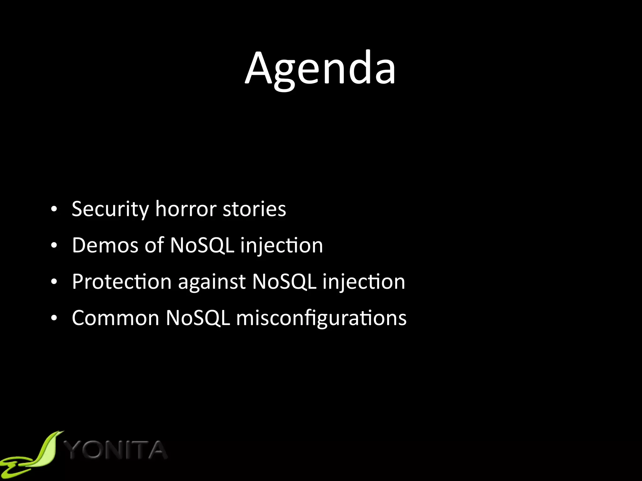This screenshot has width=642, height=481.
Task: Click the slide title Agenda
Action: pos(320,68)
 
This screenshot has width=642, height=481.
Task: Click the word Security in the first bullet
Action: pos(110,209)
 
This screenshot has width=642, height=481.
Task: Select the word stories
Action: pos(254,209)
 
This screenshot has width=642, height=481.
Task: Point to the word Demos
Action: pos(105,245)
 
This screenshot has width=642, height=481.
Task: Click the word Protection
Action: pos(122,282)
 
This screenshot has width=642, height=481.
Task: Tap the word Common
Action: pos(115,318)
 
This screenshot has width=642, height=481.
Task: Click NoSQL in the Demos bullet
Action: pos(202,245)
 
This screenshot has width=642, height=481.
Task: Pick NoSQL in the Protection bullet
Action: pos(284,282)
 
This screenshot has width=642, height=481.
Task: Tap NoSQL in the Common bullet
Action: pos(198,318)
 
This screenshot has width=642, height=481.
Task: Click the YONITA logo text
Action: pos(117,450)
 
